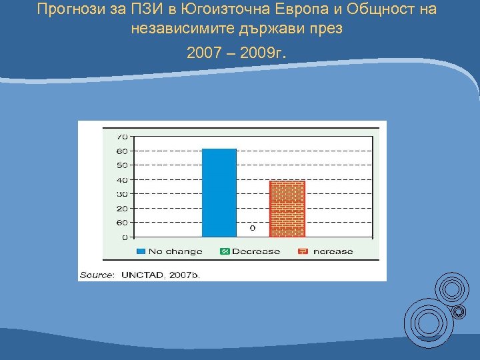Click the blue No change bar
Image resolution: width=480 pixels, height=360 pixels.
[x=219, y=193]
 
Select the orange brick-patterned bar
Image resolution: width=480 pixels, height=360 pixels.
[x=287, y=208]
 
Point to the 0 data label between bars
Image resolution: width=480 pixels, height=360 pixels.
[x=253, y=228]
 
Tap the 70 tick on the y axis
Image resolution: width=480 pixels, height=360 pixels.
[x=122, y=136]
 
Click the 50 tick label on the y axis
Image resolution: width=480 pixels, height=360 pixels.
[x=122, y=165]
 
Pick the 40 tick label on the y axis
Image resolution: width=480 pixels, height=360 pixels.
[x=122, y=180]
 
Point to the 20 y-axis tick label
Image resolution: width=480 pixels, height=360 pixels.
[x=122, y=209]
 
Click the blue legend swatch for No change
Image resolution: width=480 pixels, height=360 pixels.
[x=141, y=251]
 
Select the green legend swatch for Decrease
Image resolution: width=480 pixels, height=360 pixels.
[x=225, y=251]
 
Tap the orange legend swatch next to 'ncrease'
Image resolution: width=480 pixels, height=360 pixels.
[x=302, y=251]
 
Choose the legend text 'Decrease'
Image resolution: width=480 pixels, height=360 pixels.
[x=257, y=251]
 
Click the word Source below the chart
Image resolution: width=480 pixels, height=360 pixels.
[x=97, y=274]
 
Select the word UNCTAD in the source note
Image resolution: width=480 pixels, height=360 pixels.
[x=143, y=274]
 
